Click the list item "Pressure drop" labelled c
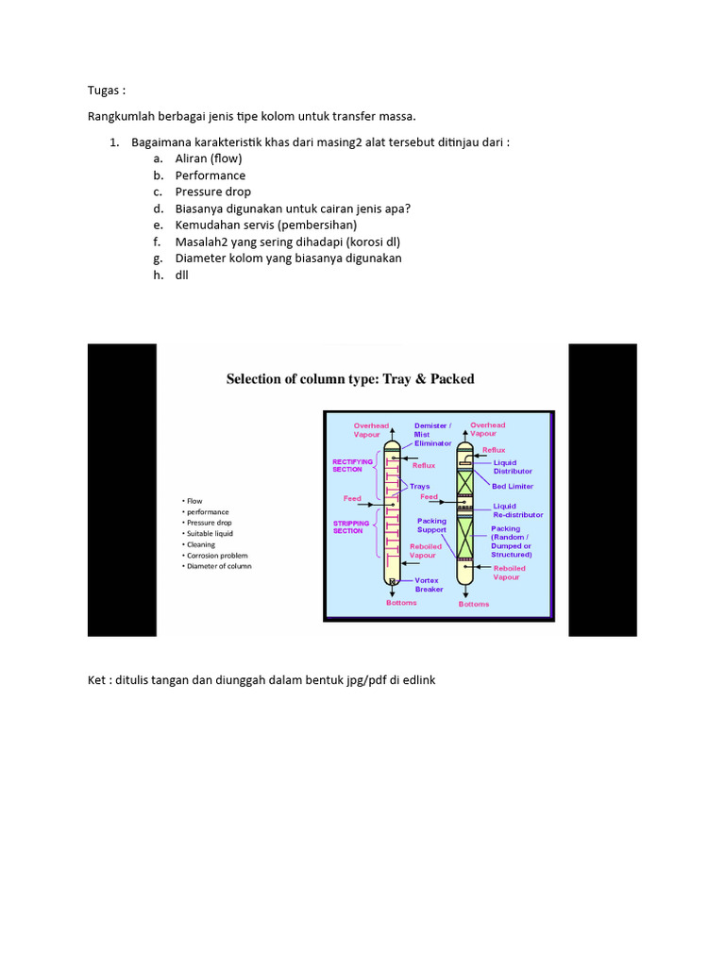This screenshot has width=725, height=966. (x=212, y=192)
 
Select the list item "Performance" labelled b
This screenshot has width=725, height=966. (x=210, y=175)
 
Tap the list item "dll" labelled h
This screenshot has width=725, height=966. (x=182, y=275)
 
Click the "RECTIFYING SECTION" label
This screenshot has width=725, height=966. (x=354, y=465)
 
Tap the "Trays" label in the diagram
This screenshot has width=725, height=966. (x=419, y=487)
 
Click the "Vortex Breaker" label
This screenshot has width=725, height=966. (x=429, y=585)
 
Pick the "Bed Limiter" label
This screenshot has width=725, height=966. (x=513, y=487)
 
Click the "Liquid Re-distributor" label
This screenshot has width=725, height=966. (x=518, y=510)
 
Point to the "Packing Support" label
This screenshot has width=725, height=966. (x=432, y=525)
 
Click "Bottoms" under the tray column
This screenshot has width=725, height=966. (x=401, y=603)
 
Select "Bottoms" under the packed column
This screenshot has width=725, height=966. (x=474, y=604)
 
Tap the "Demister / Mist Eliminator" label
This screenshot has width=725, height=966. (x=432, y=434)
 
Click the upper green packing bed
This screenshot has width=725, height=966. (x=464, y=482)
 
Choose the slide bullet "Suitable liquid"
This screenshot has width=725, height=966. (x=210, y=534)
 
